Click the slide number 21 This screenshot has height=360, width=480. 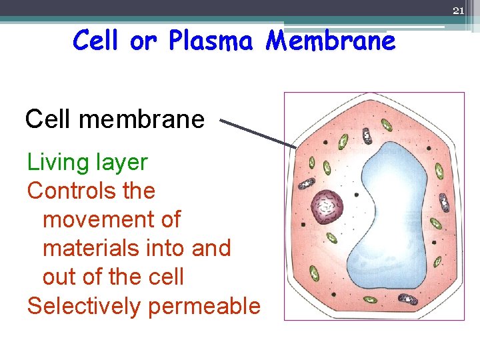[458, 11]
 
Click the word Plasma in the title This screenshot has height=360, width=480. [211, 41]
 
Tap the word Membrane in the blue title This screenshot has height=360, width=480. [331, 41]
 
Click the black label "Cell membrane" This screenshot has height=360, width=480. [115, 119]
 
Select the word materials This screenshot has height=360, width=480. [92, 248]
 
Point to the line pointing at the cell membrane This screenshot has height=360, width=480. [258, 133]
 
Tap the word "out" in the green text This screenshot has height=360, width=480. [61, 277]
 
